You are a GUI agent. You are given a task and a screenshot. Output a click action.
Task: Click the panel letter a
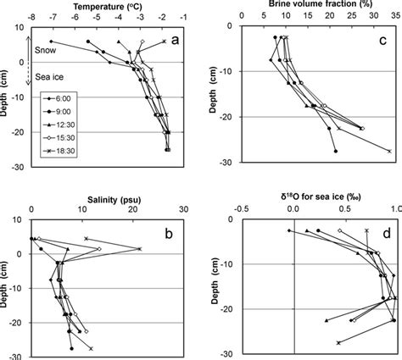point(174,39)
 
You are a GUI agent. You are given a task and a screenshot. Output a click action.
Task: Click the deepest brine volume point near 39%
point(389,151)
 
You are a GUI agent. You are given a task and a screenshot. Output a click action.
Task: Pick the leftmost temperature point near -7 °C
point(52,42)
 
